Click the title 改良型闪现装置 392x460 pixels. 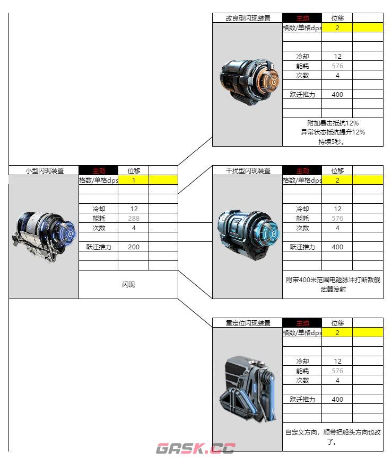248,18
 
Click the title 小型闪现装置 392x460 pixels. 45,170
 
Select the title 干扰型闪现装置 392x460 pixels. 248,170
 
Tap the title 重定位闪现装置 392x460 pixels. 248,323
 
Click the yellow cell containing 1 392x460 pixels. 134,180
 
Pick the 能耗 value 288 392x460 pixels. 134,218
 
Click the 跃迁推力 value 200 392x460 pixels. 134,247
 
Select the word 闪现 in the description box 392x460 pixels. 128,285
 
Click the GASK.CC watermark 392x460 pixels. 195,449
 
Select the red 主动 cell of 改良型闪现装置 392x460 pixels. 302,18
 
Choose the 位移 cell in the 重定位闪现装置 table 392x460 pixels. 337,323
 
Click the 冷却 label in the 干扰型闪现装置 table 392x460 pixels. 302,209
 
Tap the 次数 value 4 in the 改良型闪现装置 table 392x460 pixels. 337,75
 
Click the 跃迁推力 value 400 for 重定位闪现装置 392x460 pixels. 337,399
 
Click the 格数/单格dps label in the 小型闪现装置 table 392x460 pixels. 99,180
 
